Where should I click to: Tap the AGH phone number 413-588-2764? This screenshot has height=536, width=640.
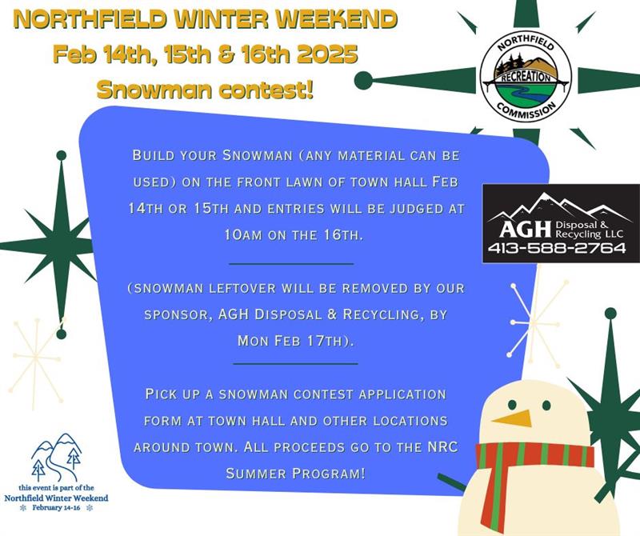click(557, 248)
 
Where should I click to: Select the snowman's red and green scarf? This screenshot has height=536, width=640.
click(528, 464)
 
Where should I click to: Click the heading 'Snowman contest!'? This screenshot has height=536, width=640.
click(205, 89)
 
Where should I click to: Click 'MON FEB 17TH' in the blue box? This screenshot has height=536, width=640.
click(294, 340)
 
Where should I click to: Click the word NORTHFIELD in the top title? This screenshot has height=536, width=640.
click(105, 19)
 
